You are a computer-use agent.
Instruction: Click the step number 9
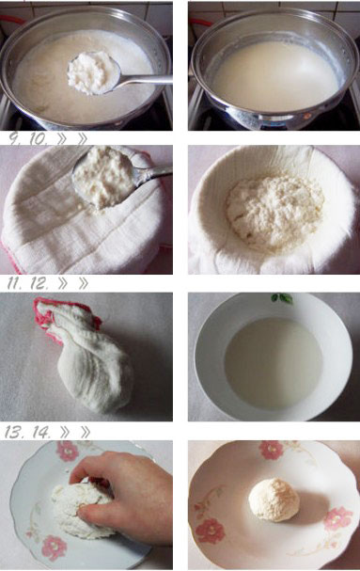[x=14, y=139]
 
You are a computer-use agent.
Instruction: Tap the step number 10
[x=38, y=139]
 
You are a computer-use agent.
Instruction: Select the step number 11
[x=14, y=284]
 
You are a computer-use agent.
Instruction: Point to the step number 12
[x=39, y=284]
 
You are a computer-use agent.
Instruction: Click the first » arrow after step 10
[x=63, y=139]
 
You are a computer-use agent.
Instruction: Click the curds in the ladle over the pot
[x=92, y=71]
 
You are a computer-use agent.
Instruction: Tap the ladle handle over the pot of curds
[x=146, y=79]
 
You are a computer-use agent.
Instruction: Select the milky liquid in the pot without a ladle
[x=275, y=75]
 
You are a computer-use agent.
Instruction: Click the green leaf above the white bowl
[x=282, y=298]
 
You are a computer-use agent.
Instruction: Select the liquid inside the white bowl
[x=273, y=363]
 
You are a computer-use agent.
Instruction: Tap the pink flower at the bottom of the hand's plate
[x=54, y=548]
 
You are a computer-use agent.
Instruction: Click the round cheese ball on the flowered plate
[x=274, y=500]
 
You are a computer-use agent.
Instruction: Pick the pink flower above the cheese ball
[x=271, y=450]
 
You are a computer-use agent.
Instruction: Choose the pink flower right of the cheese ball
[x=337, y=517]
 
